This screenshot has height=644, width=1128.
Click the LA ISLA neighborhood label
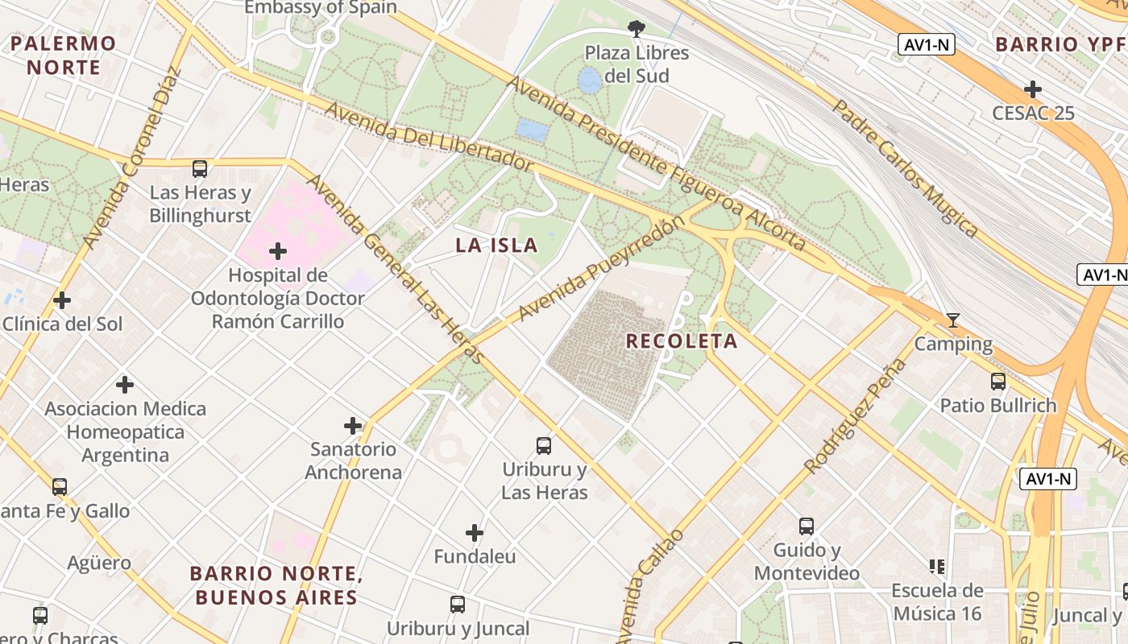click(x=496, y=246)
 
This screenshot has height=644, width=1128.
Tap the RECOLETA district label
click(x=682, y=341)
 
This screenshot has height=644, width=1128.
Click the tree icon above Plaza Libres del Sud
click(x=637, y=30)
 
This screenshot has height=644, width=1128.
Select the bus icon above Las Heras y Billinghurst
click(x=200, y=169)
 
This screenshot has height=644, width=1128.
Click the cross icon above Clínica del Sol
click(x=62, y=301)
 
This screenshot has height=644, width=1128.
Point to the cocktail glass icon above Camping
click(x=952, y=321)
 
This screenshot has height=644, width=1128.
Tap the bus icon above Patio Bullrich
click(x=998, y=382)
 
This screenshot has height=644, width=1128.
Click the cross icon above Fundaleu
click(x=475, y=533)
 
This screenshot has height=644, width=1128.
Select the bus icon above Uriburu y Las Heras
click(x=544, y=445)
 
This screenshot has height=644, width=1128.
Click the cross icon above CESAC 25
click(x=1033, y=89)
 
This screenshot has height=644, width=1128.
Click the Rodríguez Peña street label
click(x=856, y=416)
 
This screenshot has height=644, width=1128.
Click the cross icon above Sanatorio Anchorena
click(x=353, y=426)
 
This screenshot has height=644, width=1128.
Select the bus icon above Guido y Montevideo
click(x=807, y=526)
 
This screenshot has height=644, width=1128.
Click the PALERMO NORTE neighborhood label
click(x=63, y=55)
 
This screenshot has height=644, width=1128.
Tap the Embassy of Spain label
click(x=321, y=7)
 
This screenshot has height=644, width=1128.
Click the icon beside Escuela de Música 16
click(x=936, y=567)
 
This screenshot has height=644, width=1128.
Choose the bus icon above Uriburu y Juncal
click(x=458, y=604)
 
